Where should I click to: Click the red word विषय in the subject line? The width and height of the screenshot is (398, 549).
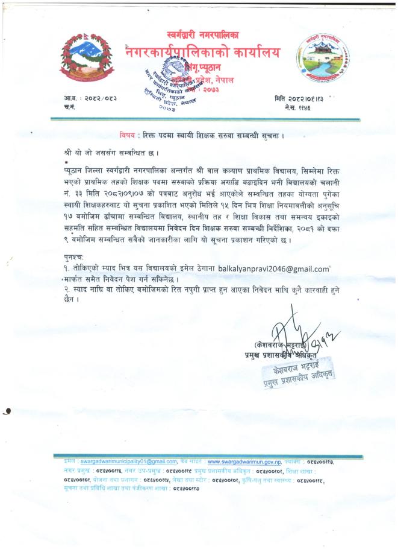[128, 135]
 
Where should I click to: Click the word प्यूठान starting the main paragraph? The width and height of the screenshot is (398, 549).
[74, 172]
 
